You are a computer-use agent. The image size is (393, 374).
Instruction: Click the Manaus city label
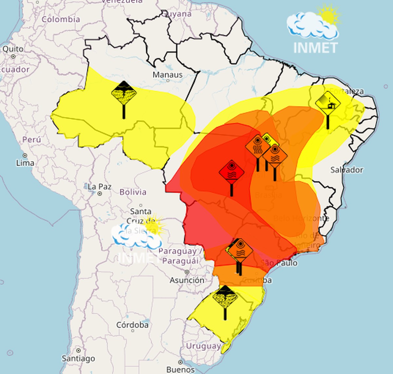(167, 75)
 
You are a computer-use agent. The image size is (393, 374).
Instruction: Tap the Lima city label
(25, 162)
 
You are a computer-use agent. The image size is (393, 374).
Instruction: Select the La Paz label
(100, 187)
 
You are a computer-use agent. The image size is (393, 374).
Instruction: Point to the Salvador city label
(346, 170)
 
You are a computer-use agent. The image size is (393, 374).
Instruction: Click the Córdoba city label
(132, 325)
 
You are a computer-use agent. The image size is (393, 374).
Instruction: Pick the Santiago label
(79, 358)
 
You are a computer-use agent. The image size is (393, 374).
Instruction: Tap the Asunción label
(187, 280)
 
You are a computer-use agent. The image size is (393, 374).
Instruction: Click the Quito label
(13, 49)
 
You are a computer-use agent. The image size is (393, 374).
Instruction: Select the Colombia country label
(61, 19)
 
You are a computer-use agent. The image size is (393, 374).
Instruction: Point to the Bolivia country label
(133, 192)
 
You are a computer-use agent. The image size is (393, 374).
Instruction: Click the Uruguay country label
(203, 346)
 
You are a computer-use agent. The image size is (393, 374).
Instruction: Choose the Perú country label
(32, 140)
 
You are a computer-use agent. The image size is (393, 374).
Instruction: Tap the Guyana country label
(177, 14)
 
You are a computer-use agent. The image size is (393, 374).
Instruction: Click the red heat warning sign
(232, 172)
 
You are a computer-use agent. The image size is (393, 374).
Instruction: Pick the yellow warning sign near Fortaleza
(328, 103)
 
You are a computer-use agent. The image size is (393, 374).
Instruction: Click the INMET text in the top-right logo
(315, 48)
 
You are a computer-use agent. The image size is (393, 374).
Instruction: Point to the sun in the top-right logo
(329, 15)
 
